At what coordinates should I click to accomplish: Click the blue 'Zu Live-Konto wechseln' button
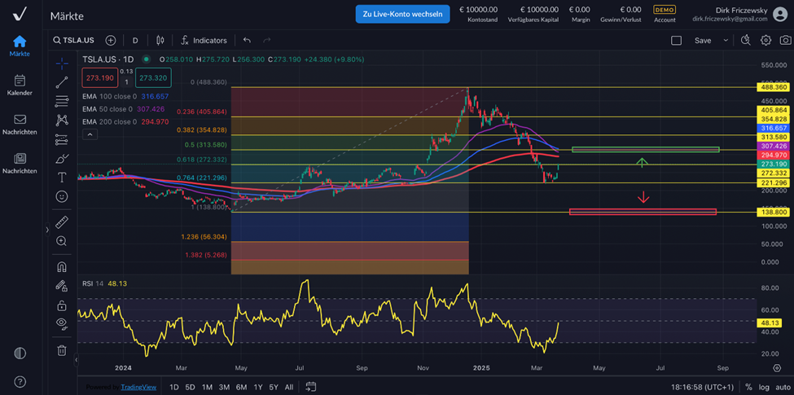pyautogui.click(x=402, y=14)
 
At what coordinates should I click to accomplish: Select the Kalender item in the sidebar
pyautogui.click(x=20, y=85)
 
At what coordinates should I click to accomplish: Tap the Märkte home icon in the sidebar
pyautogui.click(x=20, y=42)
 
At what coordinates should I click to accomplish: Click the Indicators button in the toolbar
pyautogui.click(x=204, y=40)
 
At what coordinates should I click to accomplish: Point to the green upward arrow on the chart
pyautogui.click(x=642, y=162)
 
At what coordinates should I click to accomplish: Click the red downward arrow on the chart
pyautogui.click(x=643, y=196)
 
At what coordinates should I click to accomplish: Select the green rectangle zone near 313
pyautogui.click(x=645, y=149)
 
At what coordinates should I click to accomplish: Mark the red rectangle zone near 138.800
pyautogui.click(x=643, y=212)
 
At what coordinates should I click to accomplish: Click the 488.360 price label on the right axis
pyautogui.click(x=774, y=86)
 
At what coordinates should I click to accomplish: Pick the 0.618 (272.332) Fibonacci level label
pyautogui.click(x=202, y=160)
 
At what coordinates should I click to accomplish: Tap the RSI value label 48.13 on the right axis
pyautogui.click(x=770, y=322)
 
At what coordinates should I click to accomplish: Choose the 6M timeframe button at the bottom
pyautogui.click(x=242, y=387)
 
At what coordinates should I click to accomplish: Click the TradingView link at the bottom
pyautogui.click(x=138, y=387)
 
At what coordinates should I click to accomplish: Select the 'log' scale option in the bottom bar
pyautogui.click(x=764, y=387)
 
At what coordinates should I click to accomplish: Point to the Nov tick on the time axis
pyautogui.click(x=423, y=368)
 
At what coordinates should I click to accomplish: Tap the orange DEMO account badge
pyautogui.click(x=665, y=10)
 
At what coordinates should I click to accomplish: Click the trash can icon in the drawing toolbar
pyautogui.click(x=62, y=350)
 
